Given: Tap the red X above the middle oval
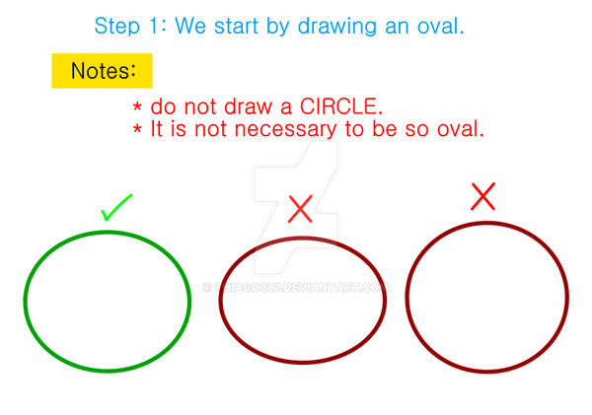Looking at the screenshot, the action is tap(300, 209).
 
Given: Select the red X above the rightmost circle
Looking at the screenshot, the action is tap(482, 196).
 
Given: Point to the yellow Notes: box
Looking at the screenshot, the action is tap(102, 71).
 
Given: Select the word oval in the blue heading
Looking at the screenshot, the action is tap(440, 27).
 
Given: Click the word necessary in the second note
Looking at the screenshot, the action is tap(285, 129).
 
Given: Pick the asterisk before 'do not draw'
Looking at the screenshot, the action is tap(137, 106).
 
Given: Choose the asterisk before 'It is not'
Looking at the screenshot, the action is tap(137, 129).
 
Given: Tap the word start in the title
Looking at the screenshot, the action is tap(237, 27).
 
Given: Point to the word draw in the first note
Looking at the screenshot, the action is tap(249, 106).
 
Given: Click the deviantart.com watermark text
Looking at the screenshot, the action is tap(296, 288).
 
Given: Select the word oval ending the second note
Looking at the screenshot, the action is tap(461, 129).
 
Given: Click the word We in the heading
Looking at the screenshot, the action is tap(190, 27).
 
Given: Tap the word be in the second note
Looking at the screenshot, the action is tap(385, 129).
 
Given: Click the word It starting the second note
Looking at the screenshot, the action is tap(156, 129).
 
